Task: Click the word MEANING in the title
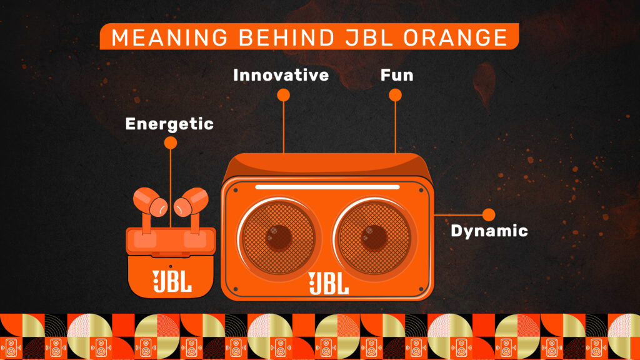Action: [x=169, y=37]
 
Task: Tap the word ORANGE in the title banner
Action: [x=456, y=37]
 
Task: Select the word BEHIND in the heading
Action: [x=286, y=37]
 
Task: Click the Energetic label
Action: [x=169, y=124]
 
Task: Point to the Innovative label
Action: [x=281, y=75]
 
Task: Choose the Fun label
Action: [x=397, y=75]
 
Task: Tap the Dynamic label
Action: [x=489, y=231]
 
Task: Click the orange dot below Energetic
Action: [x=171, y=143]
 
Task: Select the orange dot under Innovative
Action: [x=283, y=95]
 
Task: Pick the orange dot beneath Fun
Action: [x=395, y=95]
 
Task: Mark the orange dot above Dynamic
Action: [x=489, y=215]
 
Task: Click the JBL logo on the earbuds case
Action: [x=172, y=281]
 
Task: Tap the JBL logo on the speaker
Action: [x=329, y=283]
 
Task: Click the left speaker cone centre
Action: [x=279, y=237]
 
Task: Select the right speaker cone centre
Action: [x=374, y=237]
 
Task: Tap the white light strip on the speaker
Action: [x=327, y=187]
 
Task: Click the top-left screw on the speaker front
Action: [x=236, y=190]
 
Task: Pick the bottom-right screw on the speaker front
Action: [x=421, y=289]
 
